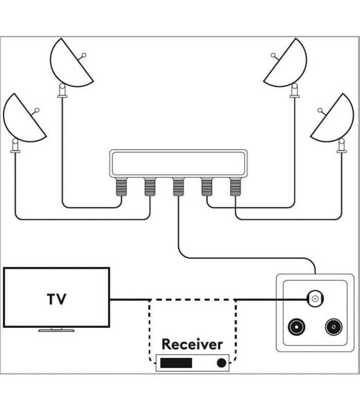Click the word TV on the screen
(x=57, y=299)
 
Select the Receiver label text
(x=192, y=344)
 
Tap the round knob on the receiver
(x=222, y=363)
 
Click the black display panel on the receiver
(x=176, y=363)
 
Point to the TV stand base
(x=56, y=330)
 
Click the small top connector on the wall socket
(x=314, y=298)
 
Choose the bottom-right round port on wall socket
(x=333, y=327)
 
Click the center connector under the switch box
(x=178, y=186)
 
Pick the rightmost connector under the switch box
(x=235, y=186)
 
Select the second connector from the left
(x=150, y=186)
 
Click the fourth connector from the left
(x=207, y=186)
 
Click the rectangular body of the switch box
(x=178, y=163)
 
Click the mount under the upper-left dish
(x=62, y=91)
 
